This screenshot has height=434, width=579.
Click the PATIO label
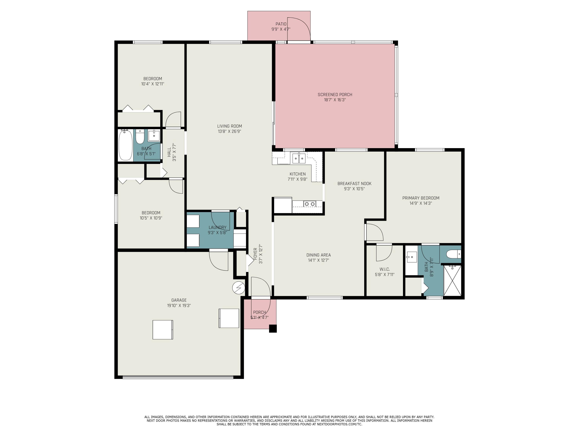point(281,24)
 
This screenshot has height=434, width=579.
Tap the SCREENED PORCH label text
point(335,95)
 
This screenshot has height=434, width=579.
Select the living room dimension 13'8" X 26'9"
point(229,131)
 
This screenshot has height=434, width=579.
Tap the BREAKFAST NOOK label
point(354,184)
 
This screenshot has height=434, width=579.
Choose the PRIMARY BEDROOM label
point(421,198)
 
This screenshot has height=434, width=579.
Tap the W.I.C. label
point(384,269)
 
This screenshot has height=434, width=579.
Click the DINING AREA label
point(319,255)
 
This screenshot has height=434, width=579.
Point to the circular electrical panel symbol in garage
point(238,288)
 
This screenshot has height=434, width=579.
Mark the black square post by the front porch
point(273,328)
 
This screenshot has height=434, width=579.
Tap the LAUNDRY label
point(217,228)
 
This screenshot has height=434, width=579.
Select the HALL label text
point(169,152)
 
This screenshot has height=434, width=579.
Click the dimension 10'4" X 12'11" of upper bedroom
point(153,84)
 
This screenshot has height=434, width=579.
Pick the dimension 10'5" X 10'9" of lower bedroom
point(151,218)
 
